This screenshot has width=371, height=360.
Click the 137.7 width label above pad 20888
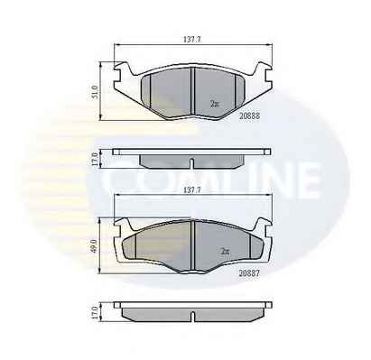[192, 39]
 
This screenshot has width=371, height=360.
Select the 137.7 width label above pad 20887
[192, 189]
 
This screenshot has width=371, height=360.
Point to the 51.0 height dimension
[96, 92]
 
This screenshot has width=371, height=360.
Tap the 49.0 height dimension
[96, 245]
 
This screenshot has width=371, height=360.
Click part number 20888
[249, 115]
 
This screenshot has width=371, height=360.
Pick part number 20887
[249, 273]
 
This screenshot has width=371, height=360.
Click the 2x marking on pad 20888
[215, 104]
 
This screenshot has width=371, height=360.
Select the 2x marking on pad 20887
[225, 251]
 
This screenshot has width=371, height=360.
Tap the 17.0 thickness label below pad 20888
[96, 159]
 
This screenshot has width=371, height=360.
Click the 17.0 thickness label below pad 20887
[96, 313]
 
